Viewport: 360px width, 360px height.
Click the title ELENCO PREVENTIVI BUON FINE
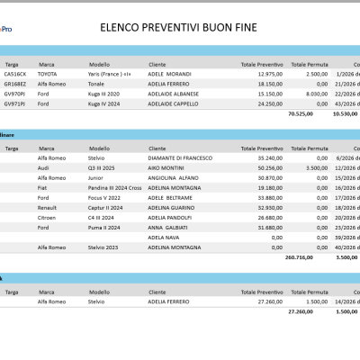[180, 28]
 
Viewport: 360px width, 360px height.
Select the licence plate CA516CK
[15, 74]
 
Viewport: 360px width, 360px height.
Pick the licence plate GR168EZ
[15, 83]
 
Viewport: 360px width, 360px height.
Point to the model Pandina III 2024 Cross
[114, 186]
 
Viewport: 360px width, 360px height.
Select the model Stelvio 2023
[105, 246]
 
